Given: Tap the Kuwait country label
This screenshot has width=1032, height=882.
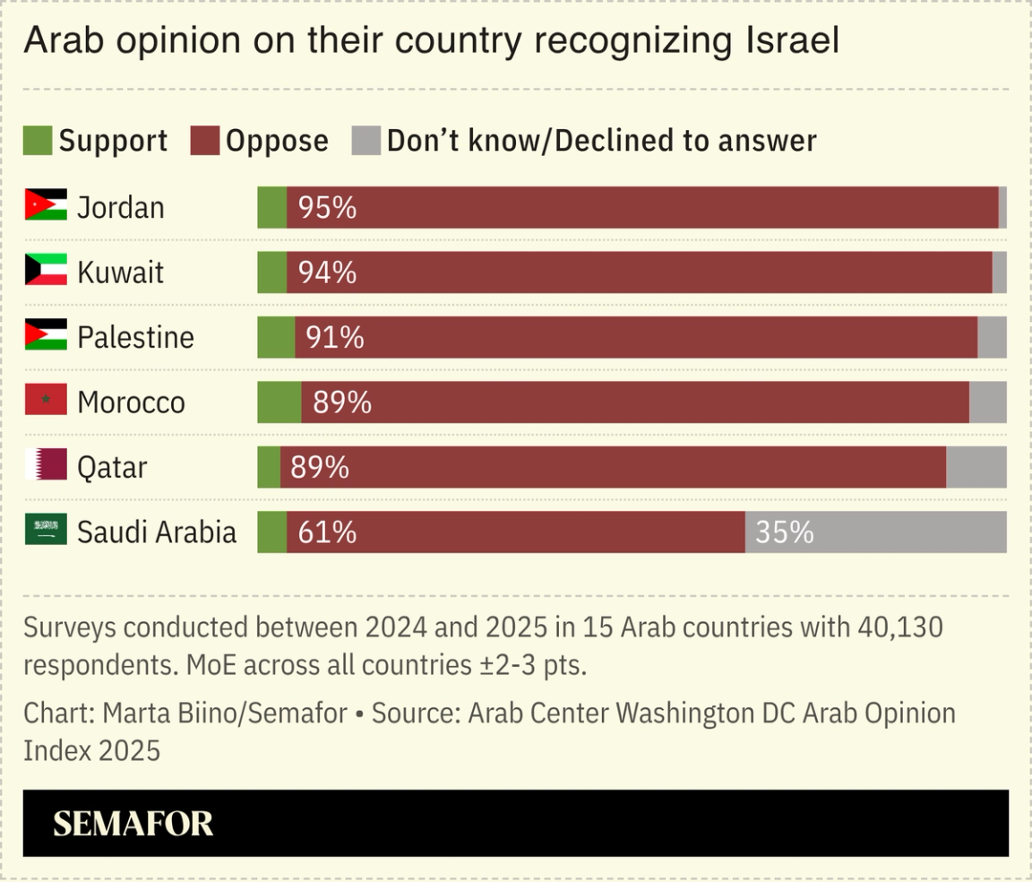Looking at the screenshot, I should click(x=120, y=272).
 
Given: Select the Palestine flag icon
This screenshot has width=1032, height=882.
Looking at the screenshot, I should click(x=46, y=336).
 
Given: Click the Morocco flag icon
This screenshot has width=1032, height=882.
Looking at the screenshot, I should click(x=46, y=401).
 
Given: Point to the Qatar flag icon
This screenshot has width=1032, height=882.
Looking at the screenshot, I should click(x=46, y=465).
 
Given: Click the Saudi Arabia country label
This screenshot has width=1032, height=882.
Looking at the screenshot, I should click(x=157, y=532).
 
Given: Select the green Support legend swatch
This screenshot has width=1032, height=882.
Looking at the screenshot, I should click(x=38, y=141).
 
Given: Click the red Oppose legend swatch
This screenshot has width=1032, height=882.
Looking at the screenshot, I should click(x=205, y=141).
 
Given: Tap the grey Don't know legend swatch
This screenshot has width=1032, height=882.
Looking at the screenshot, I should click(x=365, y=141).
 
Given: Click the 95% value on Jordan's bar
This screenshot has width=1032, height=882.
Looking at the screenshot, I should click(x=327, y=208).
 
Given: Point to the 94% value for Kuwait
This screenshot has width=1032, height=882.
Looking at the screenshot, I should click(x=327, y=272).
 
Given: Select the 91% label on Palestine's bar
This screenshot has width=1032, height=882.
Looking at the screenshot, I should click(x=335, y=338).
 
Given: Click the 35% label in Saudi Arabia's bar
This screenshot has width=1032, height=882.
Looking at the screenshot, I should click(x=785, y=532).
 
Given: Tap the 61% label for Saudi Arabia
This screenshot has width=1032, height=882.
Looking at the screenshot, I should click(x=327, y=532).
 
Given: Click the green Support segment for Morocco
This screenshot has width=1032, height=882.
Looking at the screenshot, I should click(x=279, y=402).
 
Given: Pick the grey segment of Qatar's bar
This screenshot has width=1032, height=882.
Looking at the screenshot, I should click(x=976, y=467).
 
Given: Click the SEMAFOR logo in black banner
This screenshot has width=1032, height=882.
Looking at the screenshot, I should click(x=133, y=823).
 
